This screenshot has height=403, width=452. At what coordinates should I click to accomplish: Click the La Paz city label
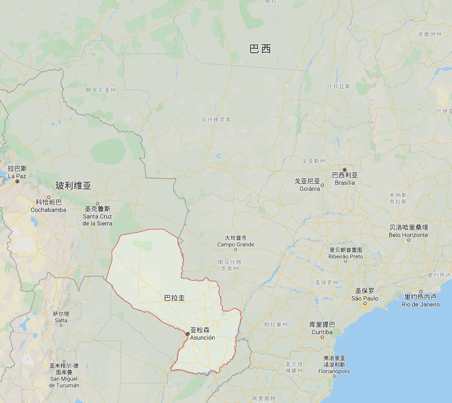pyautogui.click(x=17, y=173)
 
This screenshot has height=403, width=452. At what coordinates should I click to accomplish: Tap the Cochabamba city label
pyautogui.click(x=48, y=206)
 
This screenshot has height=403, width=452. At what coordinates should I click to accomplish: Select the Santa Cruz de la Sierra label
pyautogui.click(x=98, y=216)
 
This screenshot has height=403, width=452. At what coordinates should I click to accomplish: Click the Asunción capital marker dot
pyautogui.click(x=188, y=334)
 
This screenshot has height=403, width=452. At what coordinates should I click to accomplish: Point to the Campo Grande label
pyautogui.click(x=235, y=241)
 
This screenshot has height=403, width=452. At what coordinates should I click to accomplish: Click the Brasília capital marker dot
pyautogui.click(x=345, y=170)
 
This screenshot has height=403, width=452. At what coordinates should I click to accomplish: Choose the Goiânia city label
pyautogui.click(x=307, y=185)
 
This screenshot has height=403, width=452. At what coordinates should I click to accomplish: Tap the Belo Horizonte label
pyautogui.click(x=408, y=231)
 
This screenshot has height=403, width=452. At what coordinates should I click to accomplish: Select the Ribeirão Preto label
pyautogui.click(x=346, y=253)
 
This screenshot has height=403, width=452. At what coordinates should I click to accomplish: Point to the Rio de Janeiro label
pyautogui.click(x=421, y=300)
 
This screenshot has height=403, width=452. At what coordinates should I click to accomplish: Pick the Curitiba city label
pyautogui.click(x=322, y=329)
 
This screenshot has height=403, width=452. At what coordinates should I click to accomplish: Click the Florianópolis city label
pyautogui.click(x=334, y=368)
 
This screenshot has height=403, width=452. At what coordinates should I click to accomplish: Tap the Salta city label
pyautogui.click(x=61, y=316)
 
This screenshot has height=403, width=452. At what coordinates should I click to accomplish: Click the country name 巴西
pyautogui.click(x=260, y=49)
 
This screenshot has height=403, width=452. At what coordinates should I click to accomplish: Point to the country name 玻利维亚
pyautogui.click(x=73, y=186)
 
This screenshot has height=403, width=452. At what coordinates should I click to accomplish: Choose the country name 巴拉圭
pyautogui.click(x=174, y=298)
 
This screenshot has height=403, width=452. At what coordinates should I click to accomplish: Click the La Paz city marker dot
pyautogui.click(x=17, y=181)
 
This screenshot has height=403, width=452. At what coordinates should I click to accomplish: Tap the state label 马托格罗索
pyautogui.click(x=216, y=120)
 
